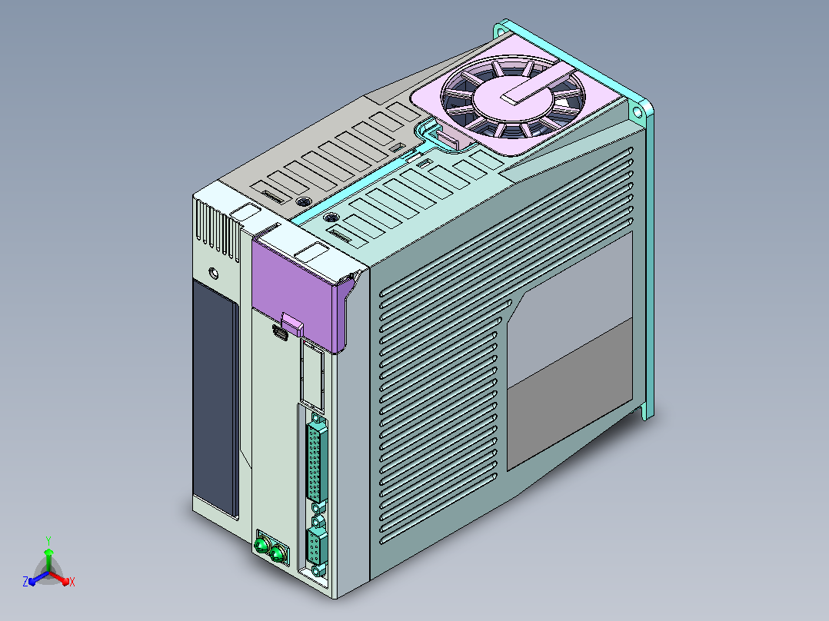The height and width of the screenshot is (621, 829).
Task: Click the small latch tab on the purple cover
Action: coord(292,324)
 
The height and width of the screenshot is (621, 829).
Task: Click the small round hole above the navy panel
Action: coord(214,274)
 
